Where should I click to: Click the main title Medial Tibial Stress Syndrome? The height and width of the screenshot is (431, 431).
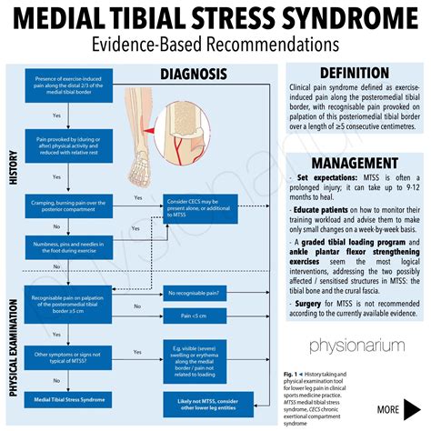coord(215,18)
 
